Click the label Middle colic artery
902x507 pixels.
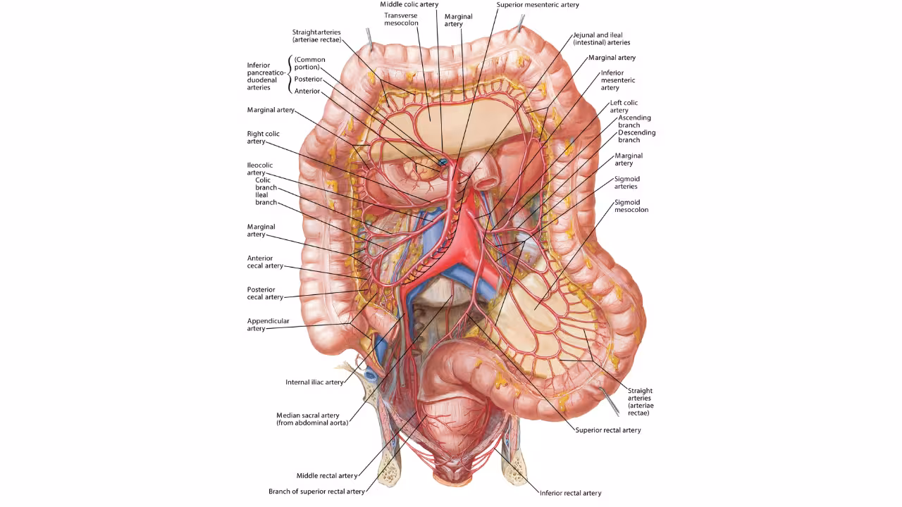tap(409, 4)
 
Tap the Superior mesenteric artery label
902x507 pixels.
tap(537, 4)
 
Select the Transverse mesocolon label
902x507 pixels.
tap(401, 19)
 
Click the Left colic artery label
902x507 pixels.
tap(624, 106)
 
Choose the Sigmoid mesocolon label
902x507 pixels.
tap(631, 206)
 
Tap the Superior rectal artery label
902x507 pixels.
tap(607, 430)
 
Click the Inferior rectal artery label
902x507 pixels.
tap(570, 493)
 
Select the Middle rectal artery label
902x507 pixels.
tap(326, 476)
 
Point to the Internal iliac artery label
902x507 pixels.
tap(314, 382)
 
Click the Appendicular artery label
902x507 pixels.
tap(268, 325)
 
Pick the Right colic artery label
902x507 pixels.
tap(263, 137)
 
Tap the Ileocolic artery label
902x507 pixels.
tap(259, 169)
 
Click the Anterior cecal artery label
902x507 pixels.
tap(265, 262)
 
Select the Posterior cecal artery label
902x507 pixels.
tap(265, 293)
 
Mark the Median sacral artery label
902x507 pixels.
tap(311, 419)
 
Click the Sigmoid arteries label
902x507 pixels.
tap(626, 183)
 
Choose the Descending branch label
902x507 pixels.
tap(636, 136)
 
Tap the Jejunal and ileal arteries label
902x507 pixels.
tap(601, 39)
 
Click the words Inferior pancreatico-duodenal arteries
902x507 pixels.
tap(266, 76)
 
